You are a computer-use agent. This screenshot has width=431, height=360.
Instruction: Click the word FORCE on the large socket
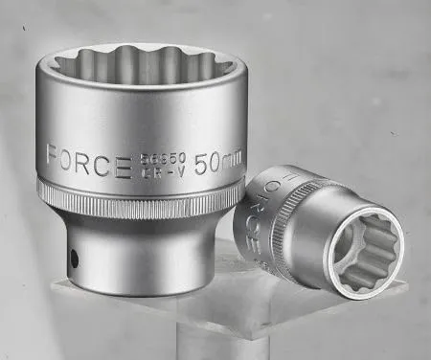pyautogui.click(x=87, y=160)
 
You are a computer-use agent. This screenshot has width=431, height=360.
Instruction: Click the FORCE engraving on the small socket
pyautogui.click(x=265, y=206)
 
